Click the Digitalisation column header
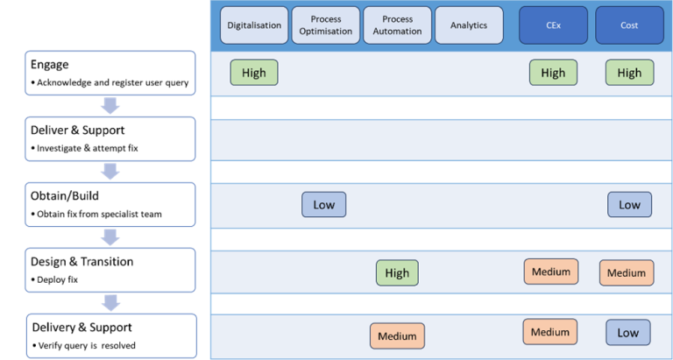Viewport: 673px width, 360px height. click(254, 25)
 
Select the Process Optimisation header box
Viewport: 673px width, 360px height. click(325, 25)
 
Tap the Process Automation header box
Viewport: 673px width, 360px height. click(397, 25)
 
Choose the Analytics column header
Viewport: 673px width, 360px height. click(469, 25)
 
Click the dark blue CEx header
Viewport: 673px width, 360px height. click(553, 25)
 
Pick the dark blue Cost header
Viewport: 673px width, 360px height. click(629, 25)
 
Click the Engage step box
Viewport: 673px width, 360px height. click(110, 73)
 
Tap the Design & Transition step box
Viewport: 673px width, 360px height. click(110, 270)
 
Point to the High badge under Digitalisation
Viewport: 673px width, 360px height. click(254, 73)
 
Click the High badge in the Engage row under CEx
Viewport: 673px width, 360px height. click(553, 73)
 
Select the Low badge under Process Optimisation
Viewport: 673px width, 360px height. click(324, 205)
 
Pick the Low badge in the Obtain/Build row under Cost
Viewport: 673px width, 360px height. click(629, 205)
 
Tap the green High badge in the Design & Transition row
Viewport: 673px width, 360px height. click(397, 272)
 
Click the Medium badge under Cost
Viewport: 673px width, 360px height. click(627, 272)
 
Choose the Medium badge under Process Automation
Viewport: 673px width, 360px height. click(397, 335)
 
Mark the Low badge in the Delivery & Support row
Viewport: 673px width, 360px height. click(628, 333)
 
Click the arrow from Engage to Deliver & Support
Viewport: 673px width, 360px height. click(110, 106)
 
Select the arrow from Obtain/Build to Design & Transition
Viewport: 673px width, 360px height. click(110, 237)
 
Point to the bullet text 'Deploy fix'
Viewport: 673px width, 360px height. click(63, 279)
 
